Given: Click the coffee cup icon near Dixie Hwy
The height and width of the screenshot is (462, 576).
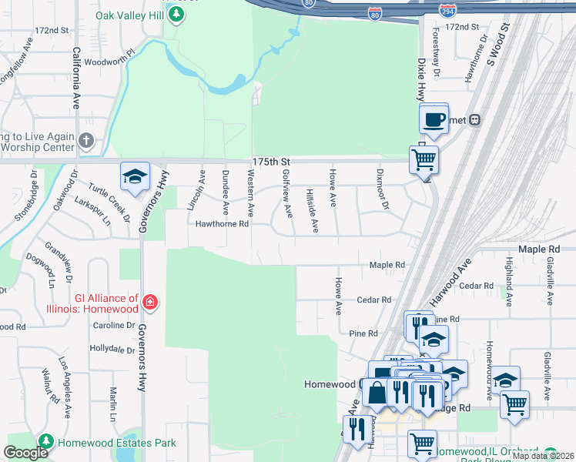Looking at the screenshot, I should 434,119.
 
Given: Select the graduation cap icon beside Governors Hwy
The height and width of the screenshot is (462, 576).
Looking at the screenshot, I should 135,176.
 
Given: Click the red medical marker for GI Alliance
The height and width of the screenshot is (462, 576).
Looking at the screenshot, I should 149,303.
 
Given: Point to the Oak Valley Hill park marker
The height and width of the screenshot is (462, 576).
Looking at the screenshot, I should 177,15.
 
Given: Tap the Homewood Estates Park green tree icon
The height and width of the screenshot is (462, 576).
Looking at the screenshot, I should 45,442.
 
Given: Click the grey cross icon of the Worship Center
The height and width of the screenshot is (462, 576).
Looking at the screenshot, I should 86,141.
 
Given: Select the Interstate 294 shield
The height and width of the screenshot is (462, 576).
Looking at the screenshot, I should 447,12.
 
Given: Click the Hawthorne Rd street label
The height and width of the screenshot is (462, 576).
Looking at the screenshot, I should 222,225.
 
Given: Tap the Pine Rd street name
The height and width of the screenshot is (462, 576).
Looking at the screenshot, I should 363,333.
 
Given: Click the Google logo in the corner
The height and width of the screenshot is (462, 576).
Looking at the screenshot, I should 26,453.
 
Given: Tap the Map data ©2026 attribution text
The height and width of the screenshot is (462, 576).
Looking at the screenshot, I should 542,456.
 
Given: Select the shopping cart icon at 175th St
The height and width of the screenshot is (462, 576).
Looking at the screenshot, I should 424,160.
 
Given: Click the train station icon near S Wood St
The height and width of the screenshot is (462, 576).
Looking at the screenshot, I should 475,119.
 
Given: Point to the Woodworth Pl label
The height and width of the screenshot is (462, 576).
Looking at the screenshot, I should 109,62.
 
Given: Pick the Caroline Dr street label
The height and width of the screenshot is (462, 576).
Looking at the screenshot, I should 114,326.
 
